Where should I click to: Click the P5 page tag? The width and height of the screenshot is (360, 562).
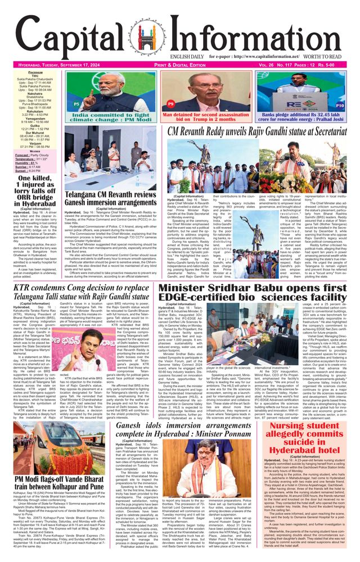pos(76,105)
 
